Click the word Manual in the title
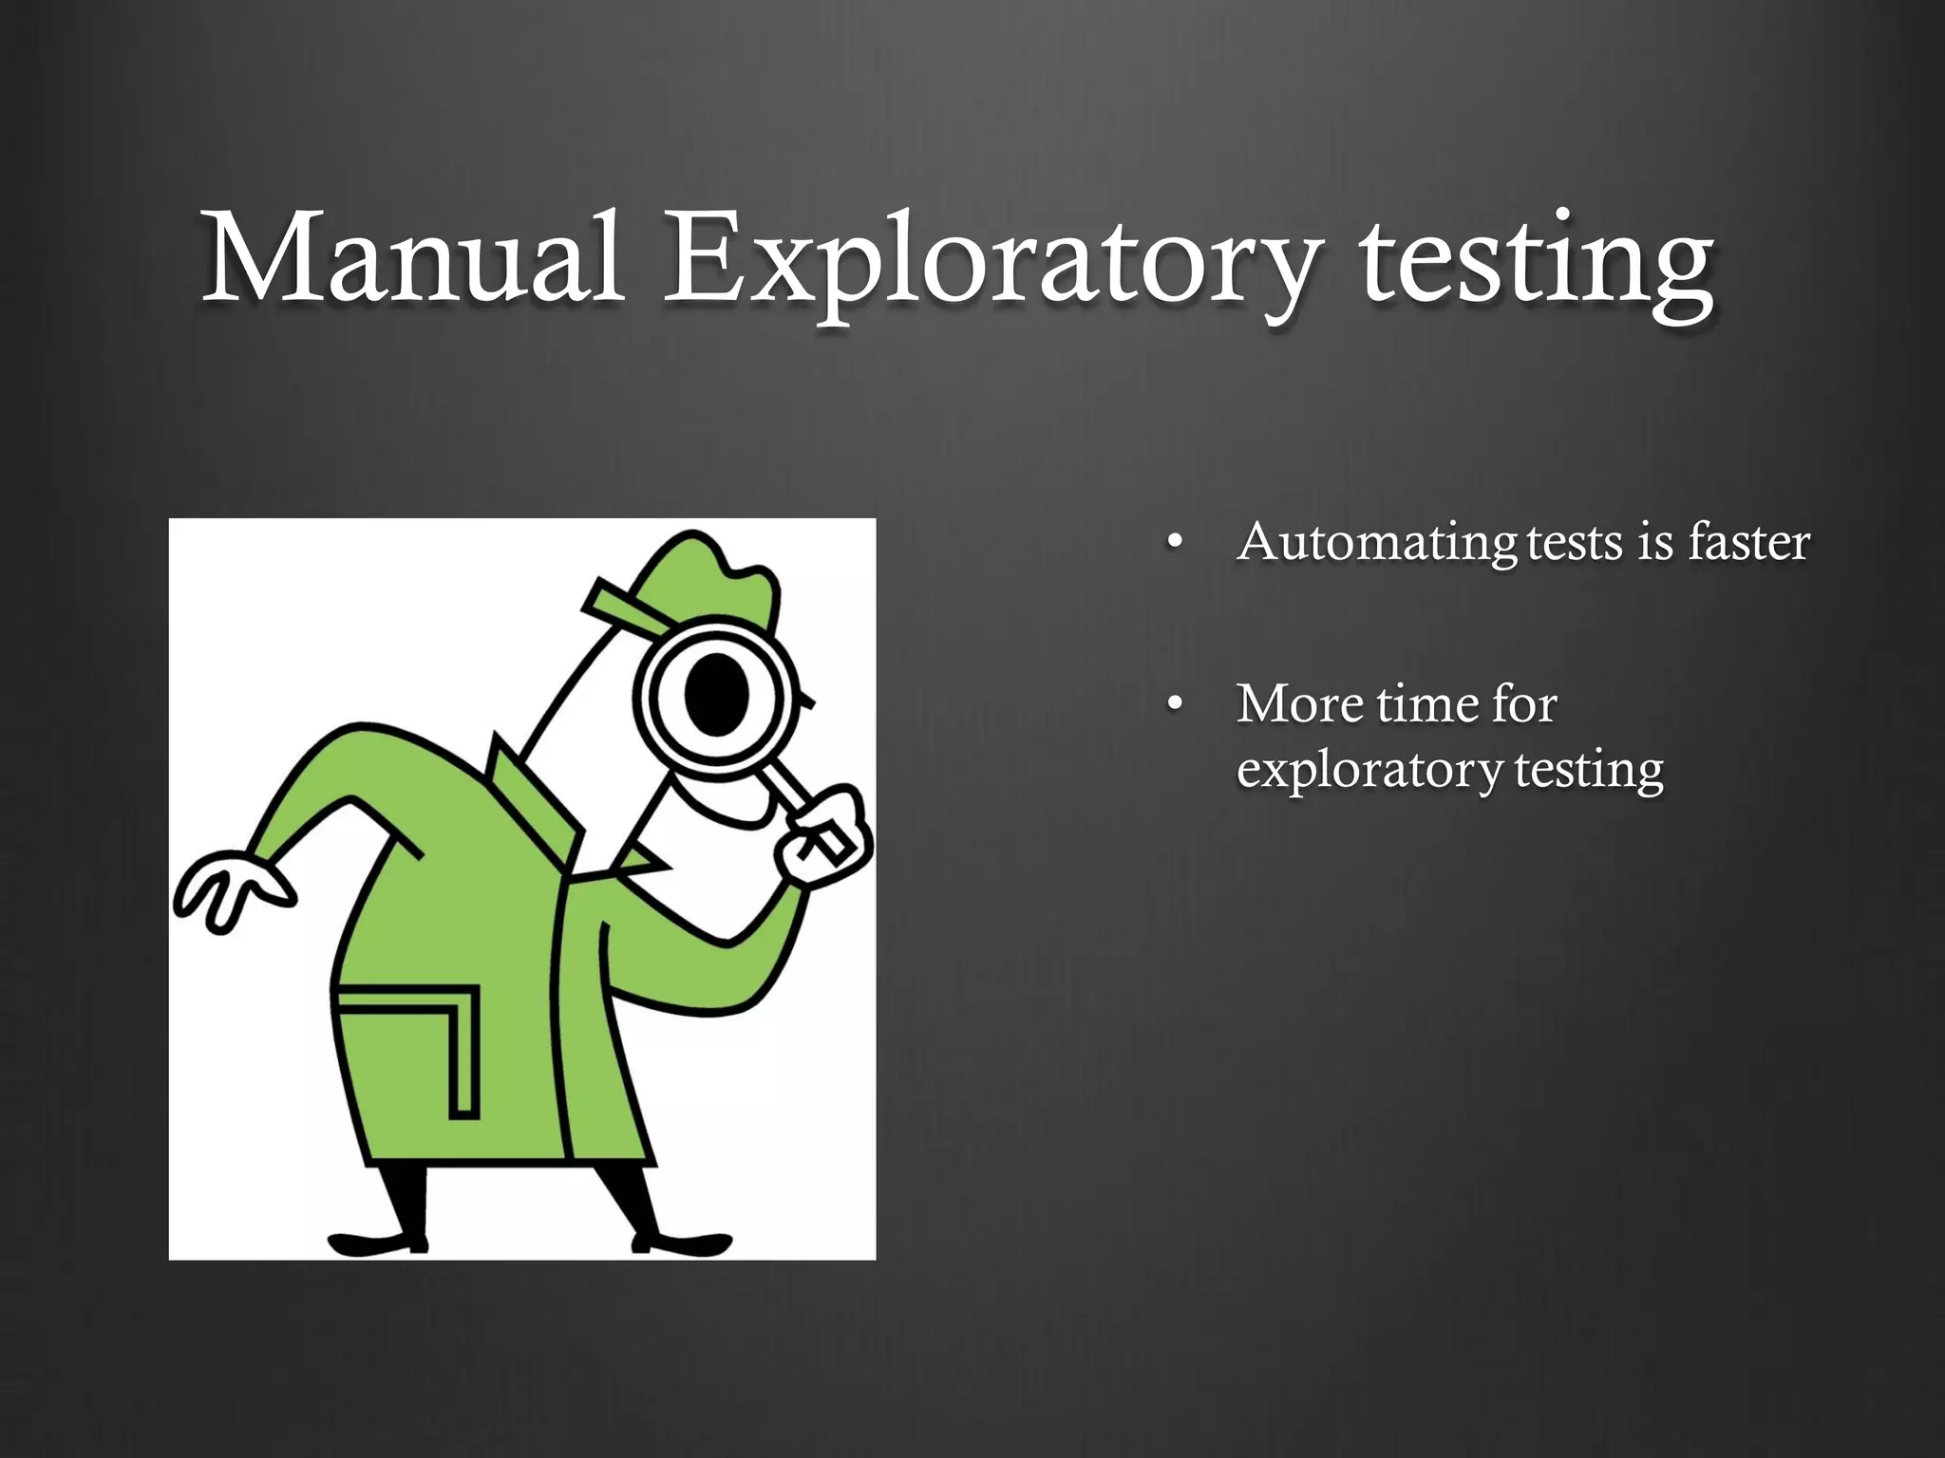413,258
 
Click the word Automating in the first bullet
1377,543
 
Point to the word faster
1748,542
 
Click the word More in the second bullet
1297,704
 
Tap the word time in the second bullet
1426,704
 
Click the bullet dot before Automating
1175,543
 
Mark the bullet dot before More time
1175,704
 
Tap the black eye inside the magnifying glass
717,692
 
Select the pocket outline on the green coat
418,1044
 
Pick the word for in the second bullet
1523,704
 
